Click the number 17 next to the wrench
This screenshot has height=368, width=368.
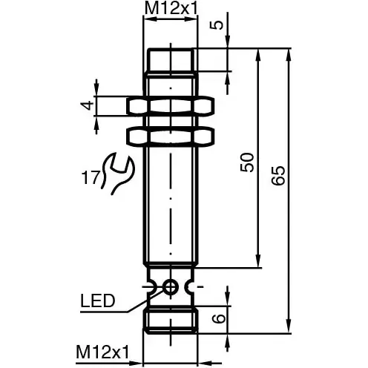(90, 177)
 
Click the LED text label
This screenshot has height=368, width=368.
(96, 300)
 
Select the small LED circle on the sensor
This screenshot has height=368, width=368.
(171, 286)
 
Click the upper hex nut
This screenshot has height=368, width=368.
(171, 107)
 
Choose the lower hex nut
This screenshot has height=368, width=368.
(171, 136)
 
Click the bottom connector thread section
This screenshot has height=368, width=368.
(171, 321)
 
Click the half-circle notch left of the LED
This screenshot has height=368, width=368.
(151, 286)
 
